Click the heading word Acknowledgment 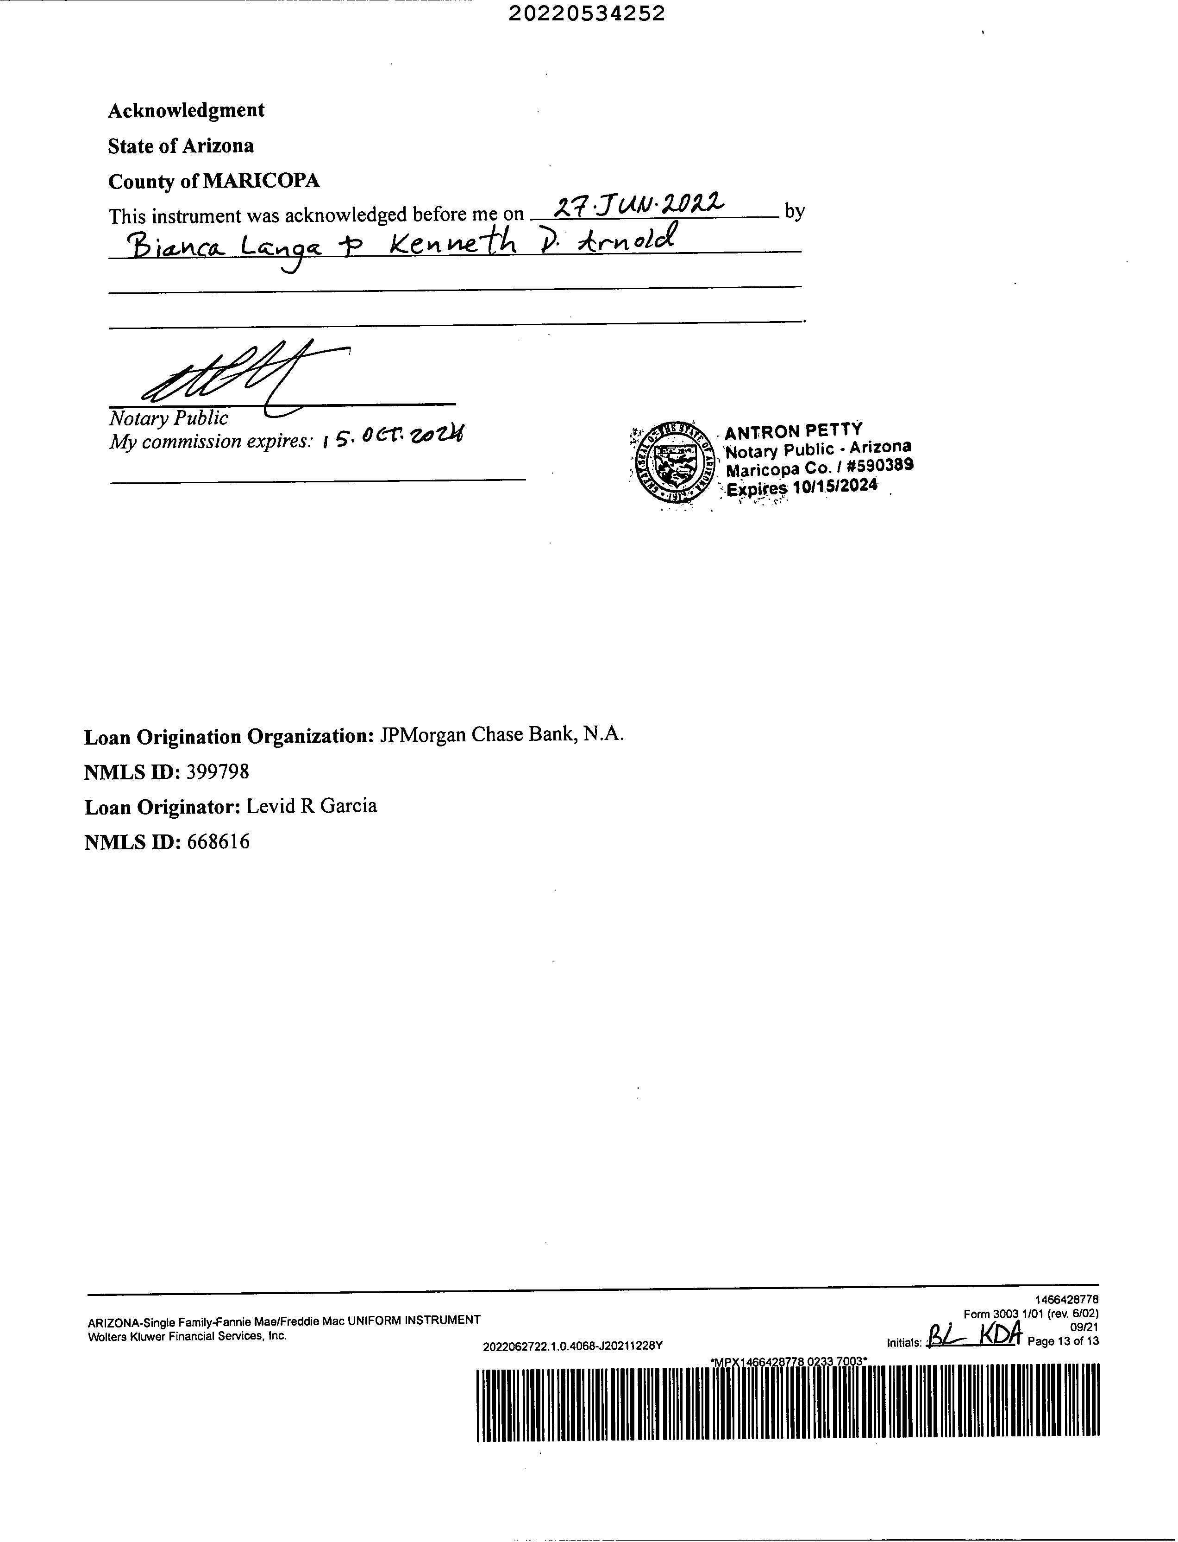[186, 110]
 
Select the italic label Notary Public [168, 418]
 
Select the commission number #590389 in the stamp [880, 465]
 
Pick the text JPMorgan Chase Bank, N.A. [501, 734]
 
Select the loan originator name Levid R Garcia [311, 806]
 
